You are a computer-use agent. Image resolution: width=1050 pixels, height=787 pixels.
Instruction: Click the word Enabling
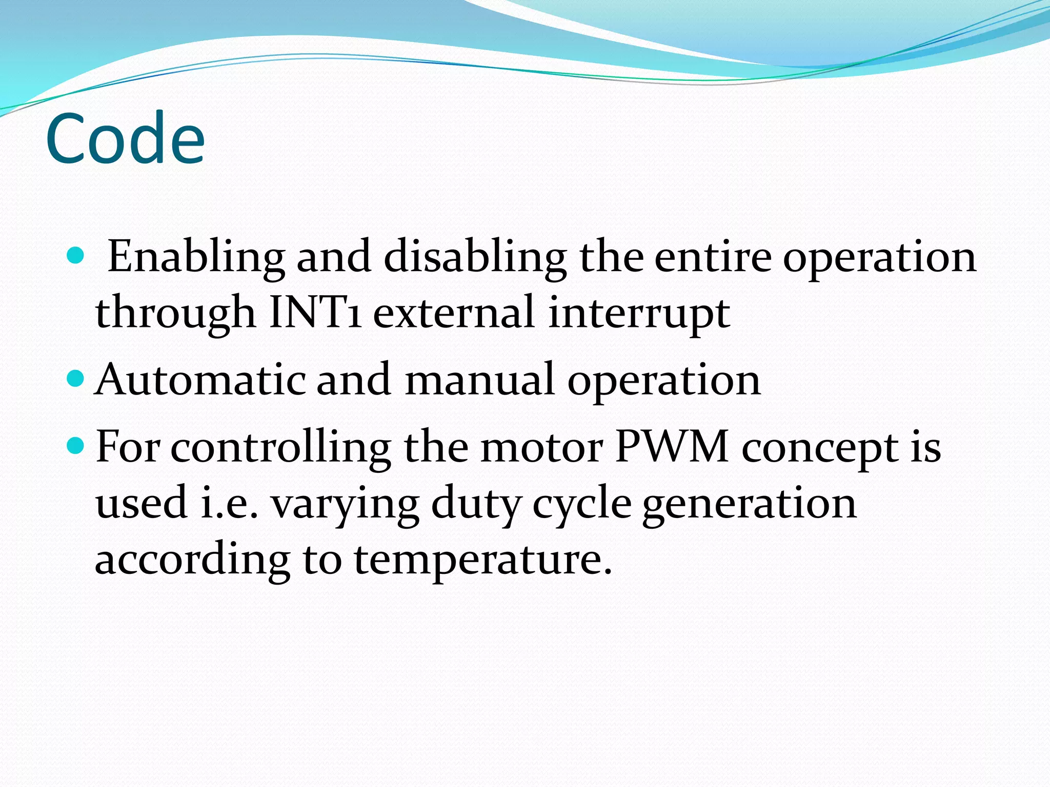coord(196,257)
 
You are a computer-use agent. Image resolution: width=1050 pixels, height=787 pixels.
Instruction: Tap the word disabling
coord(475,257)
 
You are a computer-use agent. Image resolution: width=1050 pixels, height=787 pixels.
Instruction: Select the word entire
coord(713,257)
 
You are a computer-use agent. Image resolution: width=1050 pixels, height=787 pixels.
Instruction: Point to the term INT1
coord(314,313)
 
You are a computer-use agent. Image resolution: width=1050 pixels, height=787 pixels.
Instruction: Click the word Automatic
coord(200,380)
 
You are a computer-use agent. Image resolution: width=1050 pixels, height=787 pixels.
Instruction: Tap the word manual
coord(480,380)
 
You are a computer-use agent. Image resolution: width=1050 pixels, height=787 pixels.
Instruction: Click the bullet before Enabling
coord(75,255)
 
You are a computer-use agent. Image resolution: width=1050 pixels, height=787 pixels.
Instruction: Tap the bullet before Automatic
coord(75,379)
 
